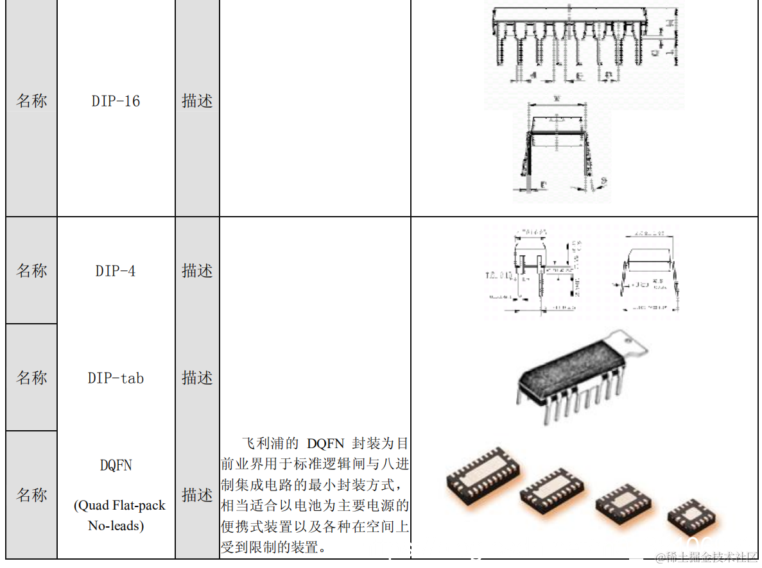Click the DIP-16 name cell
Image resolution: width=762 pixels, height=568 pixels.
116,101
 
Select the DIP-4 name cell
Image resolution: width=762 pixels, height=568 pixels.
116,271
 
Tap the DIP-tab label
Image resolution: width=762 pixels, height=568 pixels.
116,378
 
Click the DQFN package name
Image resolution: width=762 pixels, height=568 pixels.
116,465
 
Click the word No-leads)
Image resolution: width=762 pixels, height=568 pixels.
116,526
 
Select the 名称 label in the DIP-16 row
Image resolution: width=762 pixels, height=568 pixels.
31,101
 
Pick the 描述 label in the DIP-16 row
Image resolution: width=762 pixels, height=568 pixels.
197,101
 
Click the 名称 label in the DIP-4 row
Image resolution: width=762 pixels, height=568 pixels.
31,271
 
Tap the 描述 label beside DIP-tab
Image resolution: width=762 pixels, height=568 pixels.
197,378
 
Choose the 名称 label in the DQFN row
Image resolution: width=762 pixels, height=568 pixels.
31,495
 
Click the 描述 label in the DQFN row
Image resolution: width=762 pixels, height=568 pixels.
197,495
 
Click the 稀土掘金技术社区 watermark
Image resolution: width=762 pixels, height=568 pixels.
706,557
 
